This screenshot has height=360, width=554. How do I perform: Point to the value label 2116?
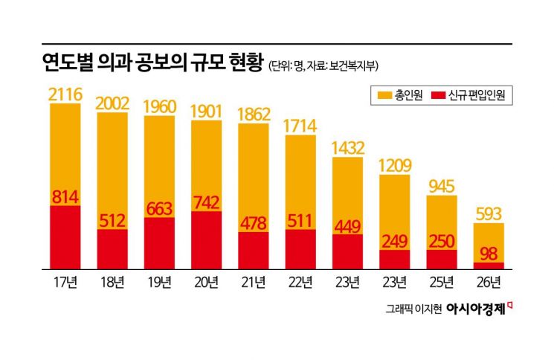click(x=65, y=94)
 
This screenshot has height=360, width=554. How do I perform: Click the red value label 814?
click(x=65, y=197)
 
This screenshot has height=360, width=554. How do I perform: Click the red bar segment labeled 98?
click(x=489, y=265)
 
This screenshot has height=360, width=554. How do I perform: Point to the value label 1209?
click(x=394, y=165)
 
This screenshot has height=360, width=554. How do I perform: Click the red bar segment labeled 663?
click(x=158, y=242)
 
